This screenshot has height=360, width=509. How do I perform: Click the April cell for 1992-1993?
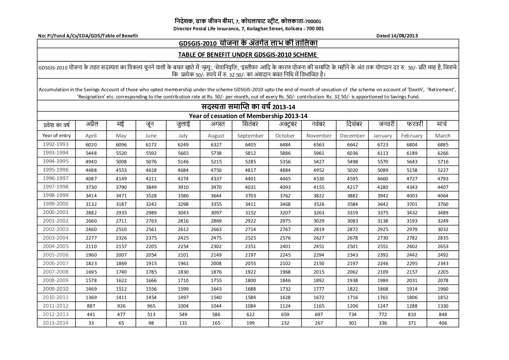[91, 145]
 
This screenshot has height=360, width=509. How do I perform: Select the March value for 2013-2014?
[443, 323]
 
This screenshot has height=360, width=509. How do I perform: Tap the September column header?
[250, 135]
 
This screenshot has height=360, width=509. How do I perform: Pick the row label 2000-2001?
[56, 212]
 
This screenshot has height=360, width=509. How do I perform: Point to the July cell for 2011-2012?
[183, 306]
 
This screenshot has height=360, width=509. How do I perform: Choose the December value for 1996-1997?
[352, 179]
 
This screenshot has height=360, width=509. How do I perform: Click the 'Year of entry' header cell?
[56, 135]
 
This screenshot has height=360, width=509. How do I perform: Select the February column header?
[411, 135]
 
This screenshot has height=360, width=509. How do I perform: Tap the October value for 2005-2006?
[284, 255]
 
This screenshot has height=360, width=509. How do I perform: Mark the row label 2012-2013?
[56, 314]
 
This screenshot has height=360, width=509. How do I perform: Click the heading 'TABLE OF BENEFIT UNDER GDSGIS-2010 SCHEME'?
[248, 55]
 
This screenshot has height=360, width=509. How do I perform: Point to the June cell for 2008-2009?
[151, 281]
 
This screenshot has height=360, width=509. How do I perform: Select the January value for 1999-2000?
[383, 204]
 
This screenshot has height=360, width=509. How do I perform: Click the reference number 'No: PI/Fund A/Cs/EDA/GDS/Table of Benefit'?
[88, 36]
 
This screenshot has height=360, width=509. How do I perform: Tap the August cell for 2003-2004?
[216, 238]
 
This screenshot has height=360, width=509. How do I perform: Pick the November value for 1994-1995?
[319, 162]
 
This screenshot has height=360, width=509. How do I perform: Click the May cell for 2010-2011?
[121, 298]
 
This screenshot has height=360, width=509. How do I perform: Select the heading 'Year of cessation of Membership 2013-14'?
[248, 116]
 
